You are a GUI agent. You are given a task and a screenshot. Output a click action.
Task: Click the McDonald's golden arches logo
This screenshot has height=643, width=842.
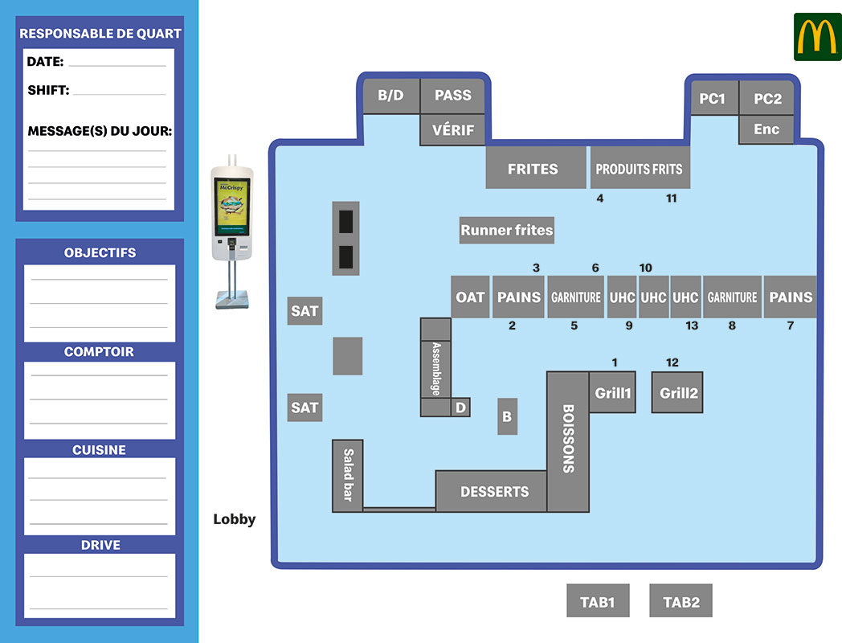817,37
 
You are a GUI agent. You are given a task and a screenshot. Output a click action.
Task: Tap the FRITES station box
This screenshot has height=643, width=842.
533,169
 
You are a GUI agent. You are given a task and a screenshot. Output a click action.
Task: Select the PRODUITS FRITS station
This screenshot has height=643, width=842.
640,169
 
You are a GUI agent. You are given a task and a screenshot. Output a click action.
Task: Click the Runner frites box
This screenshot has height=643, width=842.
507,231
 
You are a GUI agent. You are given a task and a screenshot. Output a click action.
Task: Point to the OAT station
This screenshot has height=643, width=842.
470,297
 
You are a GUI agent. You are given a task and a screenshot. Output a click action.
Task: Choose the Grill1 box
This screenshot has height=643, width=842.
613,393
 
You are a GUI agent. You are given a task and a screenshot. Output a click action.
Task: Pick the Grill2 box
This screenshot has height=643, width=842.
678,393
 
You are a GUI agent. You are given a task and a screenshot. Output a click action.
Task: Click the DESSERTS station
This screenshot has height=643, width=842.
494,491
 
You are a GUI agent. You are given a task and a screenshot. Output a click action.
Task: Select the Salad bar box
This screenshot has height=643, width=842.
348,476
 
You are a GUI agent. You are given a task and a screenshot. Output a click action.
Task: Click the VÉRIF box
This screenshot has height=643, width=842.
453,130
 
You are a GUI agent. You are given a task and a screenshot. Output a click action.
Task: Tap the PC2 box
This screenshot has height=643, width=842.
766,99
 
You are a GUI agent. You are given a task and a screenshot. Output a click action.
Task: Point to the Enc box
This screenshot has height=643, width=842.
766,129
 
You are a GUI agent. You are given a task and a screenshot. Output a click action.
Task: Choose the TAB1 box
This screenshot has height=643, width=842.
598,601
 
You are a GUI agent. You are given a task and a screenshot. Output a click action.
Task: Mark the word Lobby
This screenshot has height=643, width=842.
235,519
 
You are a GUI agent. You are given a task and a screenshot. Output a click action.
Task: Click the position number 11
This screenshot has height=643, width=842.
672,199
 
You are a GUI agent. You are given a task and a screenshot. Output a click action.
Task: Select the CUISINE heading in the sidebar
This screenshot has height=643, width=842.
100,450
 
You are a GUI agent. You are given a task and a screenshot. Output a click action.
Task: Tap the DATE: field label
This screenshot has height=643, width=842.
45,61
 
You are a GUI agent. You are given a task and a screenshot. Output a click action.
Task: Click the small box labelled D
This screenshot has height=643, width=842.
460,408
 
